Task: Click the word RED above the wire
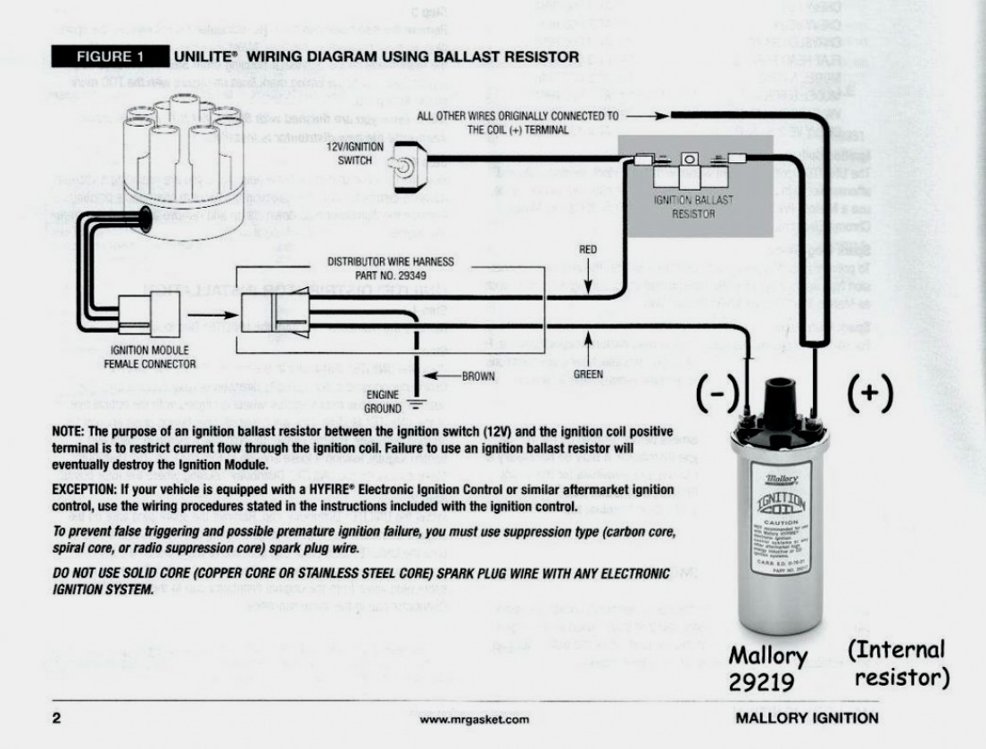(588, 251)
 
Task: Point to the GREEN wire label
(589, 374)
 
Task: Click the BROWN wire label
(478, 376)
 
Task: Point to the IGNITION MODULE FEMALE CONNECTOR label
(149, 357)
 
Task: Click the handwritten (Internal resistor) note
(899, 663)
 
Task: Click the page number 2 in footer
(56, 718)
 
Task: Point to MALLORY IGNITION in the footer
(807, 718)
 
